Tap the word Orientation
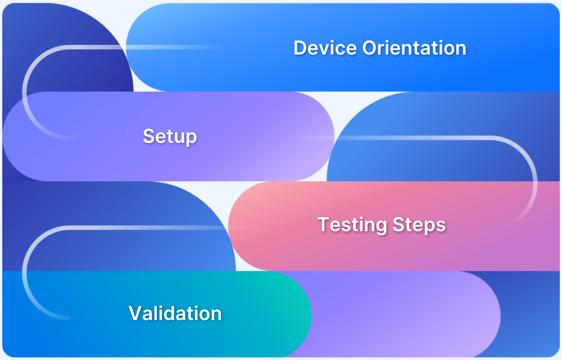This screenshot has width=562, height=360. pos(414,48)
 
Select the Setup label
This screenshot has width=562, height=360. pos(170,136)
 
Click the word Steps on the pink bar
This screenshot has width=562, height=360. pos(419,225)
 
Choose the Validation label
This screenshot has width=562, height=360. pos(175,313)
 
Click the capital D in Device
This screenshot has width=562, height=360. pos(300,48)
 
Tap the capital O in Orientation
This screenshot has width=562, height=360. pos(370,48)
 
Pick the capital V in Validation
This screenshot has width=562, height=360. pos(135,313)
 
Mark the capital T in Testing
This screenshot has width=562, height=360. pos(323,224)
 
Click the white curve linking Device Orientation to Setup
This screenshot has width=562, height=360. pos(25,93)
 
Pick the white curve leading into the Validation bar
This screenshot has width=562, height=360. pos(25,270)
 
